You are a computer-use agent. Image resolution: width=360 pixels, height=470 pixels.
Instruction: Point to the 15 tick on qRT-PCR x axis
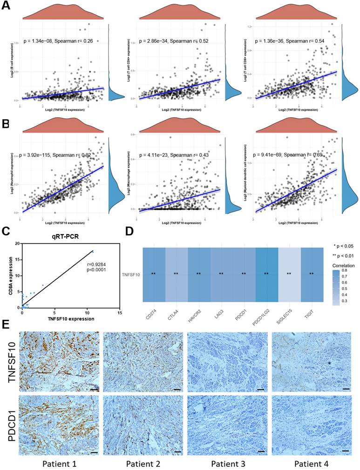[x=120, y=313]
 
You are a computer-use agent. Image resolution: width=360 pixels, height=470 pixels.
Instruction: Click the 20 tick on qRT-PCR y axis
[x=17, y=243]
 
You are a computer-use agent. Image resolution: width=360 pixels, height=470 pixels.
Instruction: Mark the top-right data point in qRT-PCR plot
[x=93, y=252]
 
